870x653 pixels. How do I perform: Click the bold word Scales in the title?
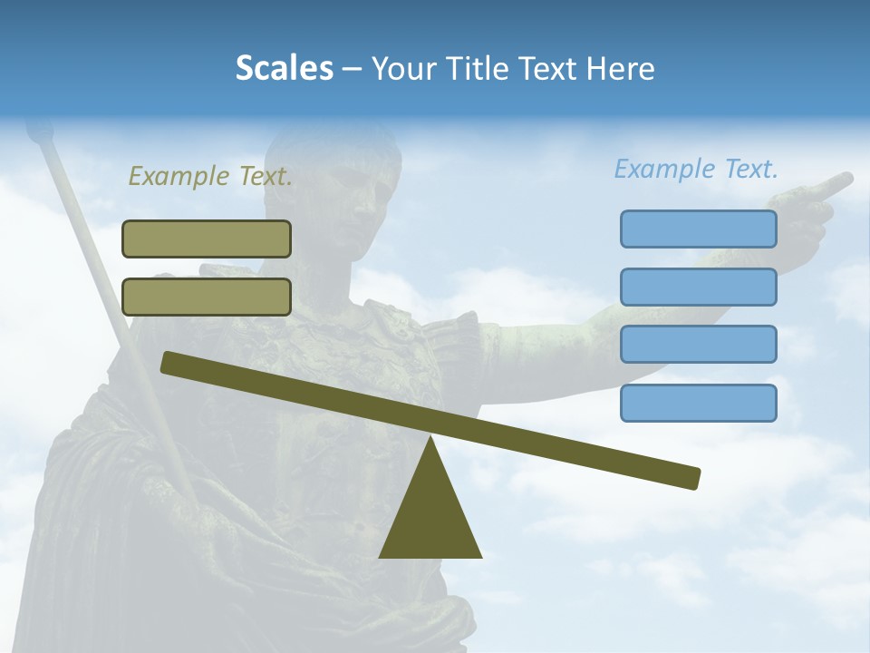coord(284,68)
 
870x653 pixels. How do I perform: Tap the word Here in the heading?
coord(620,69)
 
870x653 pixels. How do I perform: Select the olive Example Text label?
coord(210,176)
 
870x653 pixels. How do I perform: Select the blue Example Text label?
coord(696,169)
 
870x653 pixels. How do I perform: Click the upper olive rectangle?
coord(207,239)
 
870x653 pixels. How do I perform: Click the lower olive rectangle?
coord(207,297)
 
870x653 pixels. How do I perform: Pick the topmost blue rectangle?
coord(698,229)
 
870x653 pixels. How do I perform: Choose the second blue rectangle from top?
coord(698,287)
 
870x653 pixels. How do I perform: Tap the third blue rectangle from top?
coord(698,345)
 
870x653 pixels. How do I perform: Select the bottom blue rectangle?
coord(698,403)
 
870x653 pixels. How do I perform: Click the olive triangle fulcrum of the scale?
coord(430,517)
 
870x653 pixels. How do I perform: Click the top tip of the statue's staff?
coord(38,133)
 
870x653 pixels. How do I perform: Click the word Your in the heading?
coord(404,69)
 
